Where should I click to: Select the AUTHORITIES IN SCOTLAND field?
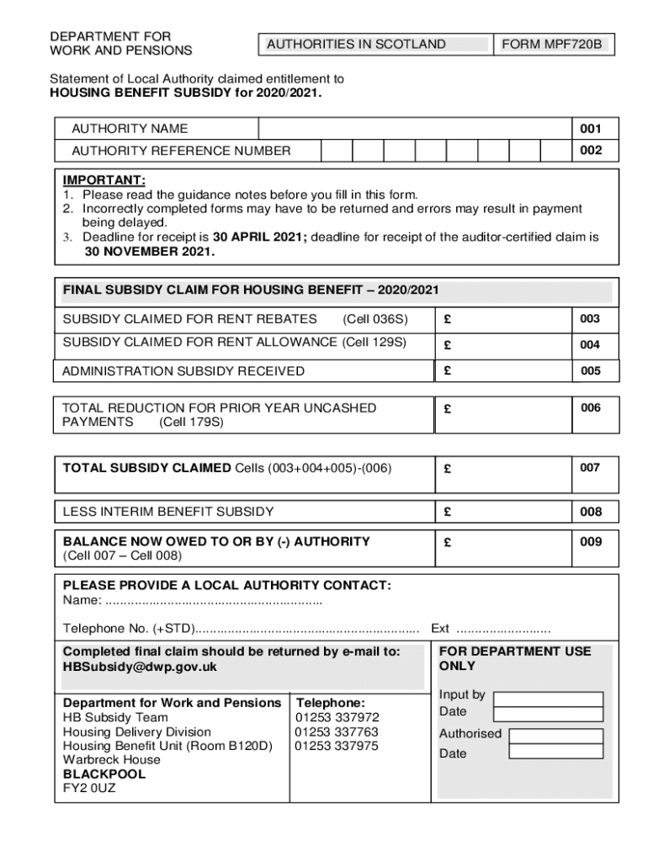374,45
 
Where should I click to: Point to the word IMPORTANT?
104,181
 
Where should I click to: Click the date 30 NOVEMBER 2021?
149,252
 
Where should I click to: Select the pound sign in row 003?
448,320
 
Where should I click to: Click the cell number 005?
591,371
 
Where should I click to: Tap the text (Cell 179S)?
191,422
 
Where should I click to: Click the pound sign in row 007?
448,469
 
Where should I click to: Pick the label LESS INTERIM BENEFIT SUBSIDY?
168,512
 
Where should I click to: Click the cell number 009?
591,542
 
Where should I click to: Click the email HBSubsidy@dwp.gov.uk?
140,667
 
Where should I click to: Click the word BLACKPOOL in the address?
104,774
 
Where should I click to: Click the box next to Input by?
548,700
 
